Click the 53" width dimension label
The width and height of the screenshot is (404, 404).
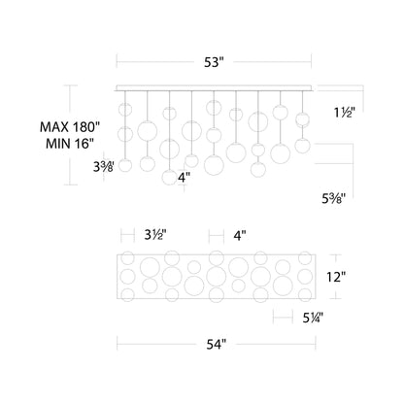coord(214,62)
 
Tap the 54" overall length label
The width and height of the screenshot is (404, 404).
coord(216,345)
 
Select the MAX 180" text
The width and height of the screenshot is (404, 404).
coord(70,127)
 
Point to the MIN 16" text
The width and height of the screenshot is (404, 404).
coord(70,144)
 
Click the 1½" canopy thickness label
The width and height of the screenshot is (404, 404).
coord(345,113)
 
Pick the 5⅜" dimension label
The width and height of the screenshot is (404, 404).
coord(334,198)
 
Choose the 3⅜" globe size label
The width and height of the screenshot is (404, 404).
coord(103,167)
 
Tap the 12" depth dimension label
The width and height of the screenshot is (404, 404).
coord(336,277)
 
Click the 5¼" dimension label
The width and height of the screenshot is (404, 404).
coord(313,319)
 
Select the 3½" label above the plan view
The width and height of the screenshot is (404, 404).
coord(155,235)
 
